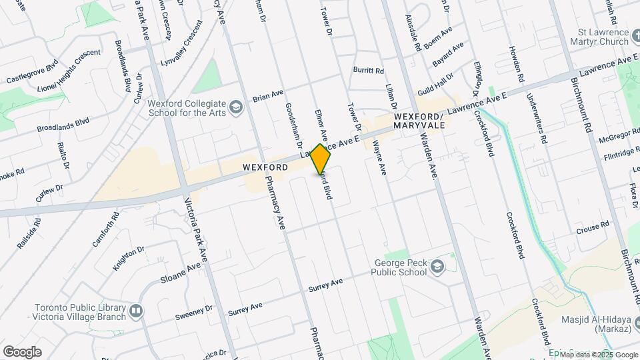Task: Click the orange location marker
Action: (321, 159)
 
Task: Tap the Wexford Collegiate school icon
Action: (235, 107)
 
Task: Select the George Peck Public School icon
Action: (437, 267)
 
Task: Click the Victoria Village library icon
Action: (136, 311)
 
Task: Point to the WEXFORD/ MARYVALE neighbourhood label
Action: (419, 121)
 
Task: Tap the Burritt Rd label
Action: (369, 70)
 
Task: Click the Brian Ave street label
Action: (269, 96)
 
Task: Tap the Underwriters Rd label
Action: (537, 120)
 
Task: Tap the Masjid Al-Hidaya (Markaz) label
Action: (597, 324)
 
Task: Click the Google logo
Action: (22, 351)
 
